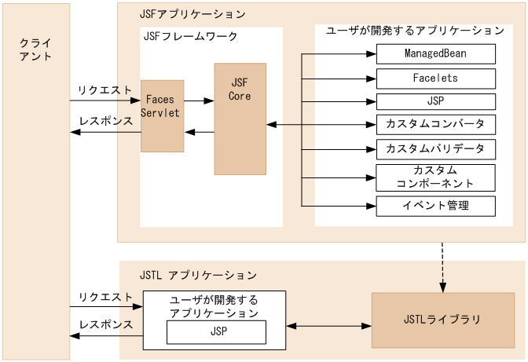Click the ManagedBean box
coord(436,53)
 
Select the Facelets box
coord(436,79)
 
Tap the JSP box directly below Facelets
coord(436,102)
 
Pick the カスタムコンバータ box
coord(436,125)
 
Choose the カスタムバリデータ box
coord(436,148)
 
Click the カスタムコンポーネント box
coord(436,177)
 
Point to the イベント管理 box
coord(436,206)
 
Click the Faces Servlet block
coord(162,115)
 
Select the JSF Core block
coord(240,119)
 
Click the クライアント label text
coord(35,49)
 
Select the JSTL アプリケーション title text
coord(187,275)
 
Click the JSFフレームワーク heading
coord(190,36)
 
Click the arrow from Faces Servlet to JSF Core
coord(199,101)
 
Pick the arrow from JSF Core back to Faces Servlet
coord(199,132)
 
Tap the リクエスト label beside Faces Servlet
coord(105,90)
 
